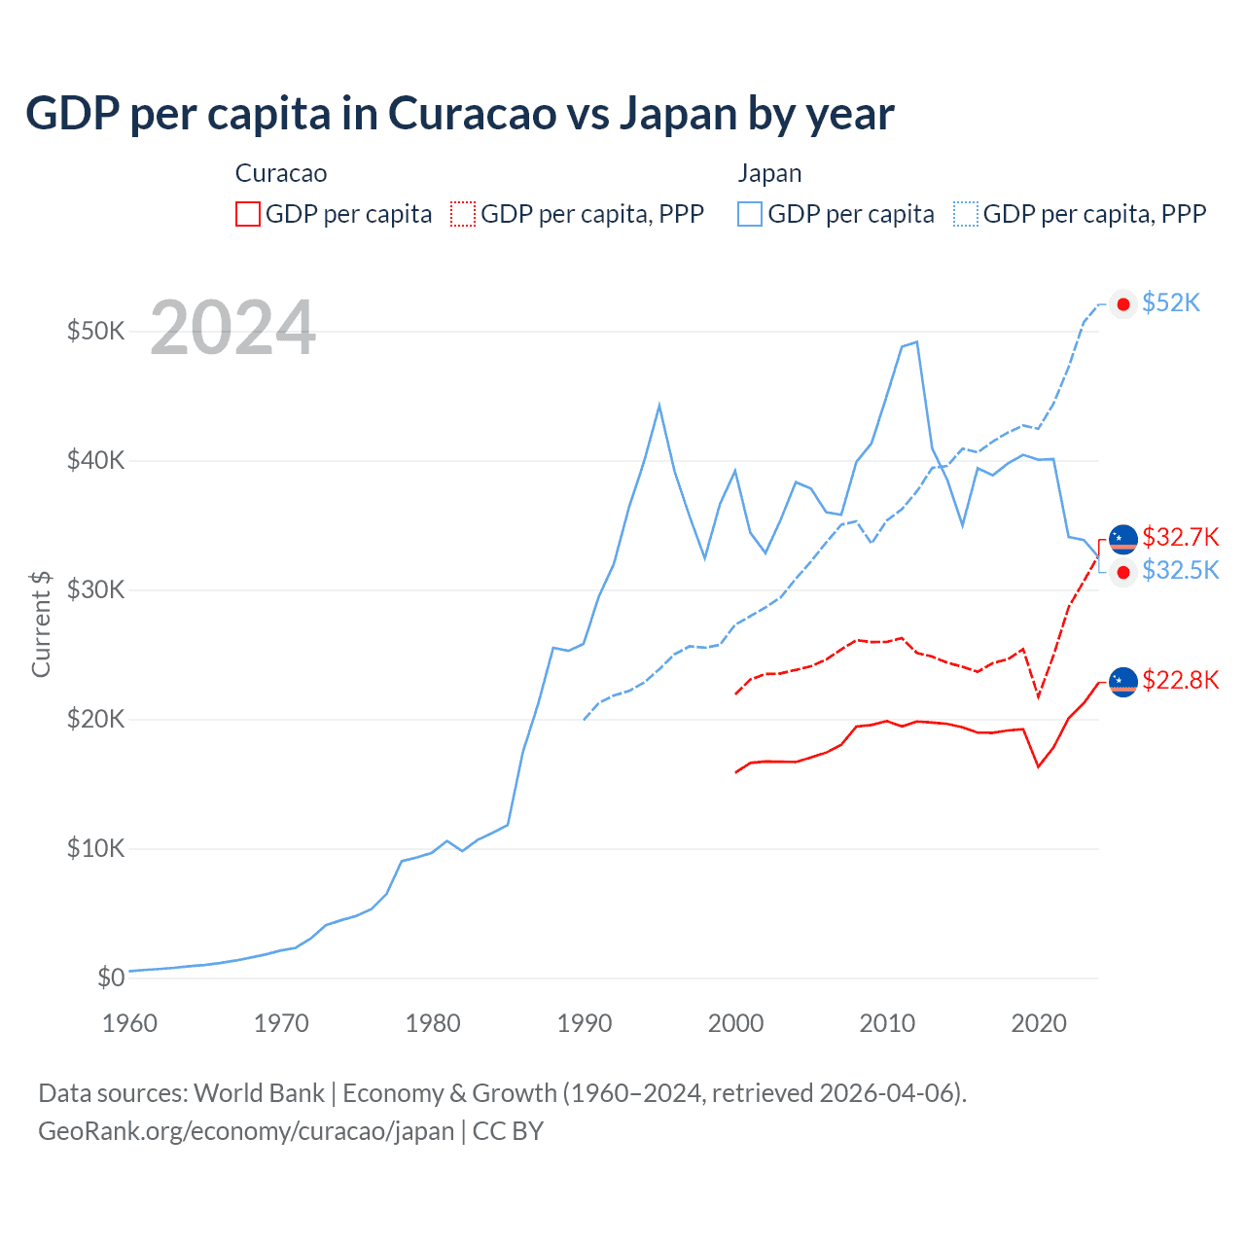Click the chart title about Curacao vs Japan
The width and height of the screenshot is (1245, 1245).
point(459,114)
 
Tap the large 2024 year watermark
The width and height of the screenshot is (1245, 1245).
point(232,328)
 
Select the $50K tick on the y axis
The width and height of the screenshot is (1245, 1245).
point(95,331)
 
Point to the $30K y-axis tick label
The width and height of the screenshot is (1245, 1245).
point(95,589)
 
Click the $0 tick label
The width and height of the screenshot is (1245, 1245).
point(111,978)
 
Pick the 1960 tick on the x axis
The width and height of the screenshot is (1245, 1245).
point(129,1023)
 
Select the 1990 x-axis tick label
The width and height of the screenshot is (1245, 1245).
point(584,1023)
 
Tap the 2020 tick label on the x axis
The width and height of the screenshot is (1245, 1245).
point(1039,1023)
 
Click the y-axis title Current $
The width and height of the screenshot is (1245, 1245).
point(41,623)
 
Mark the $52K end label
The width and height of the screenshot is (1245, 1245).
point(1171,303)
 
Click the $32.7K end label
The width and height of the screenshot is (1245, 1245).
point(1180,537)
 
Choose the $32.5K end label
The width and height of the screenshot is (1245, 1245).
point(1180,570)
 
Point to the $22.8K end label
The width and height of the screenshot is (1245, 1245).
point(1180,680)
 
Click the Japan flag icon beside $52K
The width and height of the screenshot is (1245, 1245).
point(1123,303)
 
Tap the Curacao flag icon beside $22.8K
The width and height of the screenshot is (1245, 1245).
point(1123,682)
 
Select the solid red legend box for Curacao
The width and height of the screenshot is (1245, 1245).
point(248,214)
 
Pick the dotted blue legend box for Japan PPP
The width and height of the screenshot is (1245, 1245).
point(965,214)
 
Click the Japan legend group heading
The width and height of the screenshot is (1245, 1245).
point(769,173)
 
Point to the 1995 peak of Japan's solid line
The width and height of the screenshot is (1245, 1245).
point(659,405)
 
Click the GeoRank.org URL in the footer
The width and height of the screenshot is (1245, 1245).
point(246,1131)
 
